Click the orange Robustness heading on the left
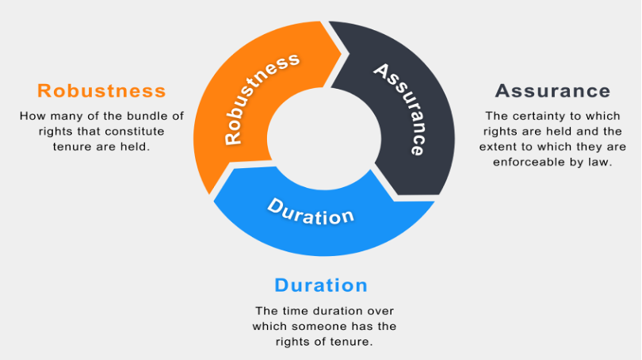tap(101, 90)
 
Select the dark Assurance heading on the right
tap(552, 90)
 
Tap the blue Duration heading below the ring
tap(321, 285)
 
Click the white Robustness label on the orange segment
tap(261, 98)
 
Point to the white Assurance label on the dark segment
tap(400, 109)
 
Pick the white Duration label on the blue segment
tap(311, 212)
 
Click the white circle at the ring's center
tap(324, 139)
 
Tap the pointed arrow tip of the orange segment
tap(342, 53)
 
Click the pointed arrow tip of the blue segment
tap(213, 200)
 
